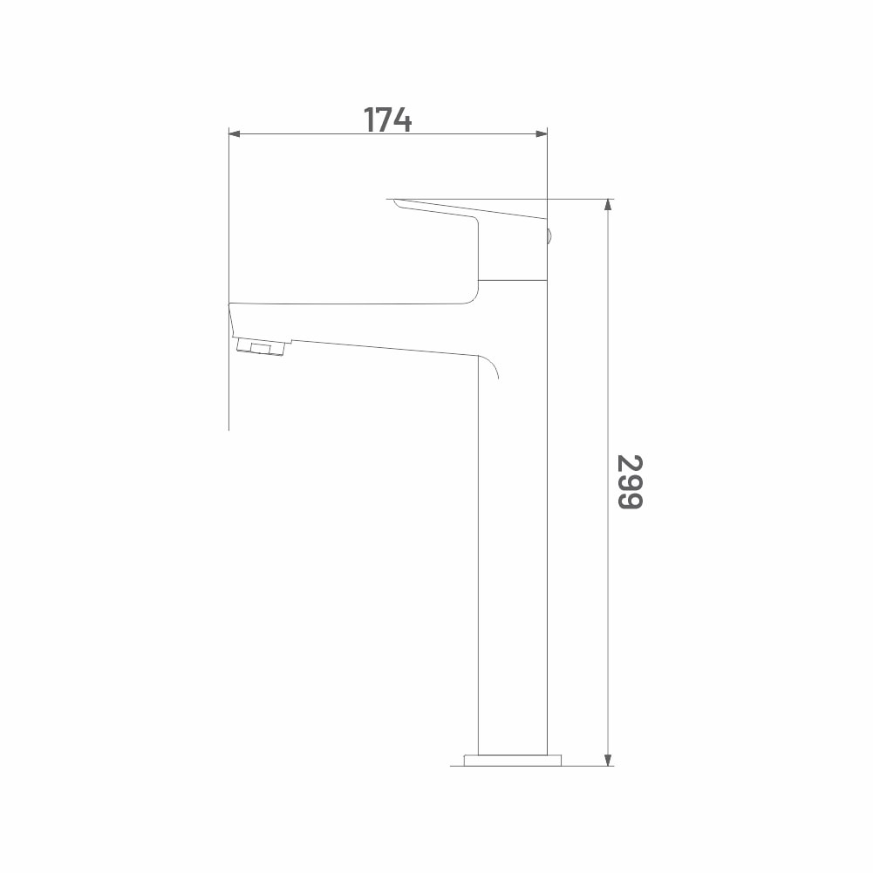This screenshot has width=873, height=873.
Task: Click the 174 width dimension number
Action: pyautogui.click(x=387, y=119)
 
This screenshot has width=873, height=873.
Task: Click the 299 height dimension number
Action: pyautogui.click(x=630, y=481)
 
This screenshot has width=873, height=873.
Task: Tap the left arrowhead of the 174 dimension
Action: pyautogui.click(x=235, y=133)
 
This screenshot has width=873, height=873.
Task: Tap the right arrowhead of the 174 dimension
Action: pyautogui.click(x=542, y=133)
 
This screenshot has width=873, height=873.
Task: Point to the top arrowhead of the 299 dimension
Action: pyautogui.click(x=608, y=205)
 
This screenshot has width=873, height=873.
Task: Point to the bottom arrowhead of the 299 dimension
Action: pyautogui.click(x=608, y=760)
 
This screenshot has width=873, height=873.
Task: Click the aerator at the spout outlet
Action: pyautogui.click(x=261, y=346)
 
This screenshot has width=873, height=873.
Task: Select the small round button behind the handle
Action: pyautogui.click(x=549, y=236)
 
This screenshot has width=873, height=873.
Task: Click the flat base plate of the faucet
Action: pyautogui.click(x=512, y=760)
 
